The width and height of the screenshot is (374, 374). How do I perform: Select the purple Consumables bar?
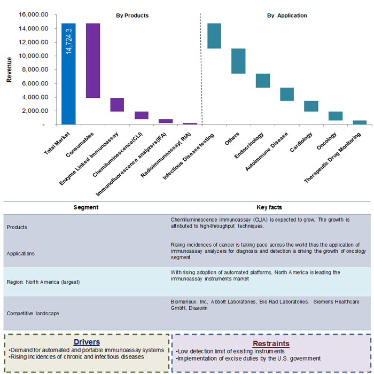click(93, 60)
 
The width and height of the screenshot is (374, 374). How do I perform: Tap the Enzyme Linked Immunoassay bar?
click(117, 105)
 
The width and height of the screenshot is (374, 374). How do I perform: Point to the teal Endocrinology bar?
click(262, 81)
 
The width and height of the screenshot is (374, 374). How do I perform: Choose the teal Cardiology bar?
click(311, 106)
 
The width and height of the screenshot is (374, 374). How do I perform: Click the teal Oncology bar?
click(336, 116)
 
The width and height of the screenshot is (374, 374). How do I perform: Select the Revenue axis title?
click(9, 70)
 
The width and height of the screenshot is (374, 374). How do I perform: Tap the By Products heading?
click(132, 15)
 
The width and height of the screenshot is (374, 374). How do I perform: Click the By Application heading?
click(287, 15)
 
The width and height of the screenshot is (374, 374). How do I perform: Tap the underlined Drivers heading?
click(87, 342)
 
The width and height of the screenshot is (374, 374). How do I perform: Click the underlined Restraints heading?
click(271, 344)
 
